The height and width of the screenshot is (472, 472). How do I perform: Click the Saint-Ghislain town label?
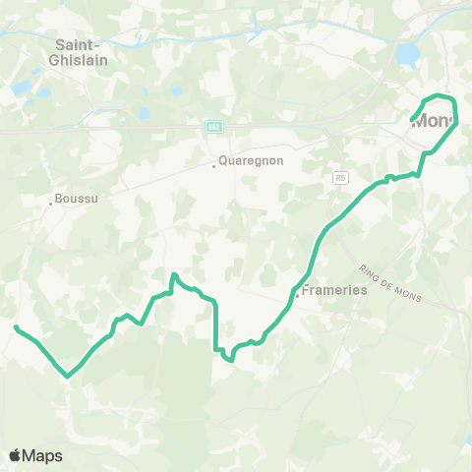coord(82,51)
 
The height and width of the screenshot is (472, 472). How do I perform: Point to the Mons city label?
coord(434,122)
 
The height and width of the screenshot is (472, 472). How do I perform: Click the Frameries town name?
coord(334,291)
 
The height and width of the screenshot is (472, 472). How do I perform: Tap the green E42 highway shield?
coord(212,127)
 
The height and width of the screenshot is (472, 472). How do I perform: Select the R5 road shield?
coord(340,178)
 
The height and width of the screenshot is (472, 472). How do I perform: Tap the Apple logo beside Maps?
coord(16,455)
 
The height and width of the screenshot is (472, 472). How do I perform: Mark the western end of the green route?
coord(17,326)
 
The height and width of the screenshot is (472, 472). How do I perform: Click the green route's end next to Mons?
coord(411,120)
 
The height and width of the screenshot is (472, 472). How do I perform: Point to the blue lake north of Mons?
coord(406,52)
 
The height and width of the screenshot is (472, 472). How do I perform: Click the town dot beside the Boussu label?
coord(51,205)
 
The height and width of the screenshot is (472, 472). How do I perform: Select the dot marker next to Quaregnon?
coord(214,165)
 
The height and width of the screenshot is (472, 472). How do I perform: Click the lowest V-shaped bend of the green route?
coord(67,376)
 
